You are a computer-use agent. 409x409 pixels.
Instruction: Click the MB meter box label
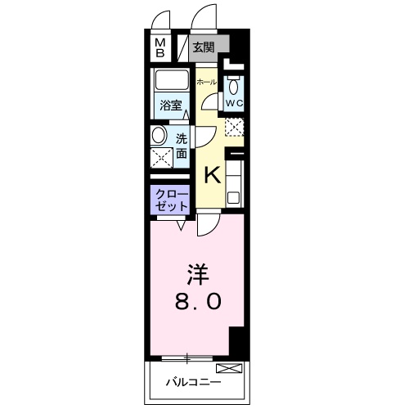click(160, 47)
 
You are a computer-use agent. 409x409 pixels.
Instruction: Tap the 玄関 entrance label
click(204, 47)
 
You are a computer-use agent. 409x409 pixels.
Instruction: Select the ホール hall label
click(207, 82)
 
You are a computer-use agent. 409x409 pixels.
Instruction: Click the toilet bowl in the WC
click(233, 86)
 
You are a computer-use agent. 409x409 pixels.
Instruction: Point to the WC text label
click(234, 103)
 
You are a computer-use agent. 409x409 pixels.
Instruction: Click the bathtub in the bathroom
click(172, 80)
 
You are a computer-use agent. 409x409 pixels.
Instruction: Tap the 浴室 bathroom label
click(171, 106)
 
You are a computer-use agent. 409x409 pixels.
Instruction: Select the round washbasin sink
click(159, 136)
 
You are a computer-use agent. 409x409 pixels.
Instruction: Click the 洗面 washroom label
click(182, 146)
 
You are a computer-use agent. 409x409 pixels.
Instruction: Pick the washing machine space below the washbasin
click(162, 158)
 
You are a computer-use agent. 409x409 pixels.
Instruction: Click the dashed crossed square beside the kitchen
click(234, 127)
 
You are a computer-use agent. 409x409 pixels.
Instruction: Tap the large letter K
click(212, 176)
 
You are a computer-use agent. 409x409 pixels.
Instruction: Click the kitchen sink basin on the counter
click(234, 198)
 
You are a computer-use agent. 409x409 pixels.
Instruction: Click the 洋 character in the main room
click(197, 275)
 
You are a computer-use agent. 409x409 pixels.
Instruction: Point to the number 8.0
click(198, 302)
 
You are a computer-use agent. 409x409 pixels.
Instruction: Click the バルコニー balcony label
click(193, 383)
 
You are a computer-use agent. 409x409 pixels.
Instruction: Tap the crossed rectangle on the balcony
click(229, 368)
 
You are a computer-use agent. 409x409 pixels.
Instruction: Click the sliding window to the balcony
click(187, 358)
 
